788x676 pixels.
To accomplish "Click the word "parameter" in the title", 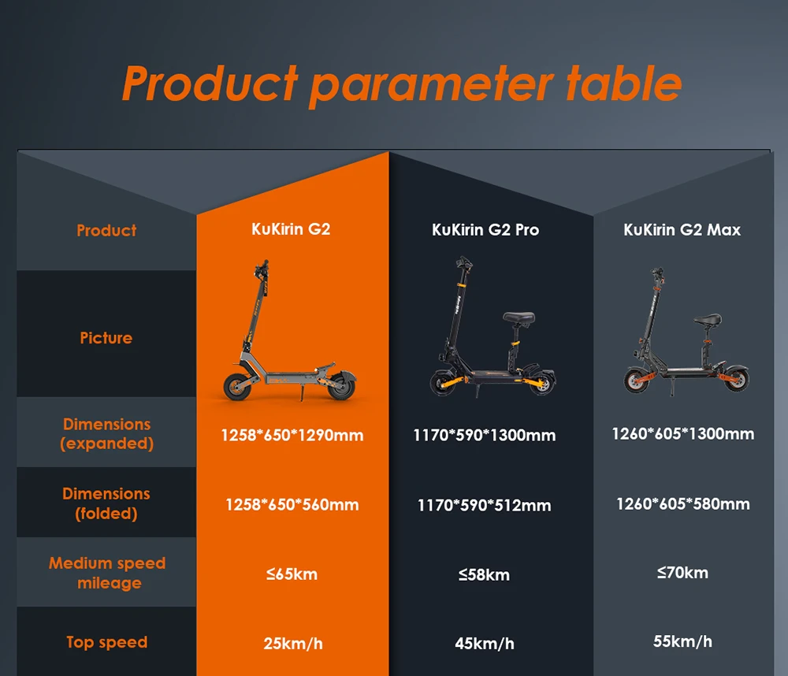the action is tap(431, 85).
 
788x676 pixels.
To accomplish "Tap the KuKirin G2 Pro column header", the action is tap(485, 230).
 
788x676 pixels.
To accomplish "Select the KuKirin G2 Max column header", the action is tap(682, 230).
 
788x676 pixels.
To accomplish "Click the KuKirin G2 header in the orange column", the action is tap(291, 229).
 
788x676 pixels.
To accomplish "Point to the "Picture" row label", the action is tap(106, 338).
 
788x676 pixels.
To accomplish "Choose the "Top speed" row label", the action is tap(107, 642).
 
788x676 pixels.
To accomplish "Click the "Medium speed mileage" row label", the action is tap(107, 573).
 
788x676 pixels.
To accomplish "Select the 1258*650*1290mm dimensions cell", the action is tap(292, 435).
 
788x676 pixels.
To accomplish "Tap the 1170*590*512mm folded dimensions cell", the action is tap(484, 505).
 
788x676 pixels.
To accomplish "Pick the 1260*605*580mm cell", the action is tap(683, 503).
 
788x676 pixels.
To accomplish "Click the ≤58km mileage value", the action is tap(484, 574).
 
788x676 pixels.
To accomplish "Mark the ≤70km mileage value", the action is tap(682, 573).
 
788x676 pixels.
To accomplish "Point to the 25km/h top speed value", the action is tap(293, 644).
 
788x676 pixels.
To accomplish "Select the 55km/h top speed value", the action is tap(682, 641).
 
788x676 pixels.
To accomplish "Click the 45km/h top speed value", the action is tap(485, 644).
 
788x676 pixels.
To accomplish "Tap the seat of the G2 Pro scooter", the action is tap(519, 318).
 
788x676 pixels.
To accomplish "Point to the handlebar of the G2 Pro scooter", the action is tap(464, 263).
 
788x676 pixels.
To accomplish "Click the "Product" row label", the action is tap(106, 230).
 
